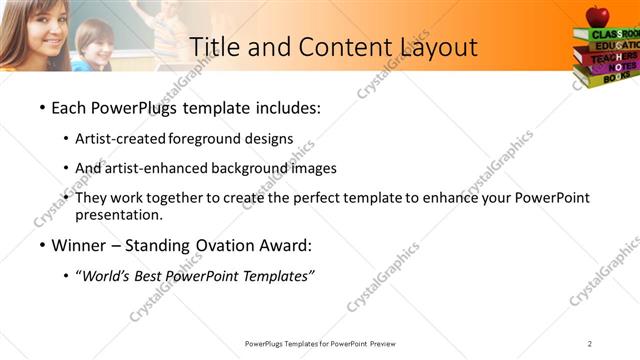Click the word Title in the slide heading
215,47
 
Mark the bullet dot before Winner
41,246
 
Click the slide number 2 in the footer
590,344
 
